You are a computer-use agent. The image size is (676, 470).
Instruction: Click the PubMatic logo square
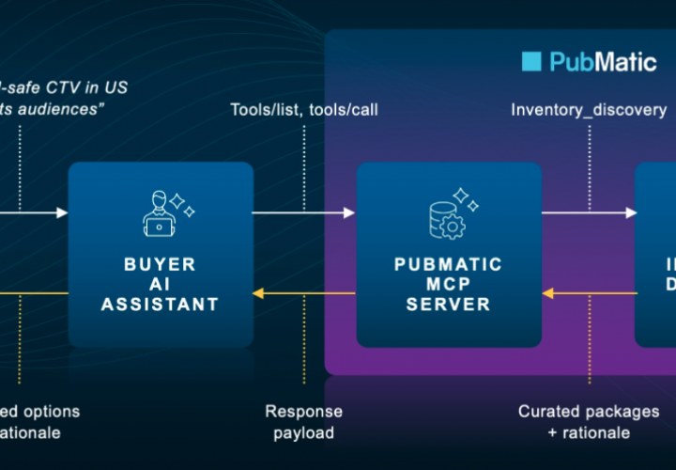pos(531,62)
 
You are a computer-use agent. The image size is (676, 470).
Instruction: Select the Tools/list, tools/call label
pos(304,110)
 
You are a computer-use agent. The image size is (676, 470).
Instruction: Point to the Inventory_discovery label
pos(589,110)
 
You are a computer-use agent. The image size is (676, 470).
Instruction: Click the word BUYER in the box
pos(160,264)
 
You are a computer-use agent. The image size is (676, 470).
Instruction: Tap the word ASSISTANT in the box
pos(160,304)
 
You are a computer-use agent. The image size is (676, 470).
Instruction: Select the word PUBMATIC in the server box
pos(449,264)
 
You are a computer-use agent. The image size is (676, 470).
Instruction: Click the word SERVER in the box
pos(449,304)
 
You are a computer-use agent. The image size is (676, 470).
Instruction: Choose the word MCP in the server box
pos(449,284)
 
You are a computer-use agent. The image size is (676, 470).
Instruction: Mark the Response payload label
pos(303,422)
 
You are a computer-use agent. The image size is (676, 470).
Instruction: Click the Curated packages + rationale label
pos(589,422)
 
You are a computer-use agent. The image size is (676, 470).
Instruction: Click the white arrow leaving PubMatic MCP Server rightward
pos(589,213)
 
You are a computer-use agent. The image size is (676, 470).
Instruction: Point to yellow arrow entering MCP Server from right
pos(589,294)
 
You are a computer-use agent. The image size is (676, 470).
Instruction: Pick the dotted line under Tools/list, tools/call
pos(304,164)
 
